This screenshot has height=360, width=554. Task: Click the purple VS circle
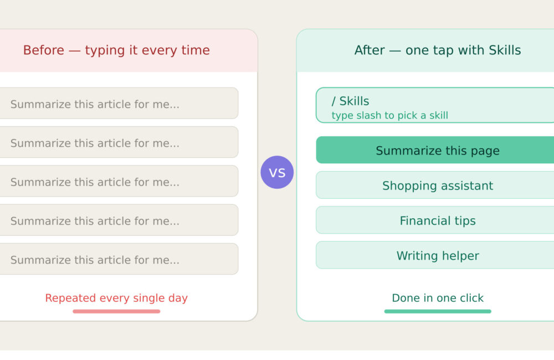277,172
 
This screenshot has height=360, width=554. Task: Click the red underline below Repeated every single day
116,311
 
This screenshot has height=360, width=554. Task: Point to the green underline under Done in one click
438,311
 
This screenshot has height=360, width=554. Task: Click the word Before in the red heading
43,50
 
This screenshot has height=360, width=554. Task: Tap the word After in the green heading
369,50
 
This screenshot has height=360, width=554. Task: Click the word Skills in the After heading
505,50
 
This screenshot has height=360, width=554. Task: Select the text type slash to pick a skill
389,116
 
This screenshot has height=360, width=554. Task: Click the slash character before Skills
334,101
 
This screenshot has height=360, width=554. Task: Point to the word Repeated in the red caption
71,298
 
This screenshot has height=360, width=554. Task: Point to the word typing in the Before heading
105,50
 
